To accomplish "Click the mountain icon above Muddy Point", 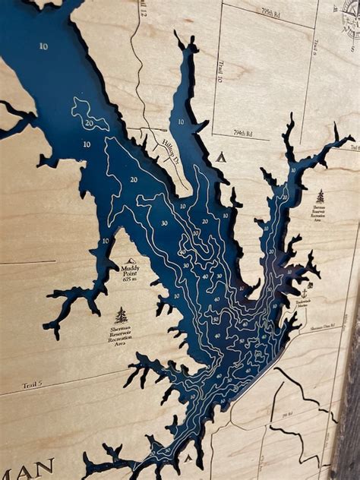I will coord(131,261).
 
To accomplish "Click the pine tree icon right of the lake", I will coord(320,196).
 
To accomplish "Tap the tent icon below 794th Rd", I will coord(221,157).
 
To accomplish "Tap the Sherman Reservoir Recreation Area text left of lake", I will coord(120,335).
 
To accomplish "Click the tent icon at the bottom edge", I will coord(187,459).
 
